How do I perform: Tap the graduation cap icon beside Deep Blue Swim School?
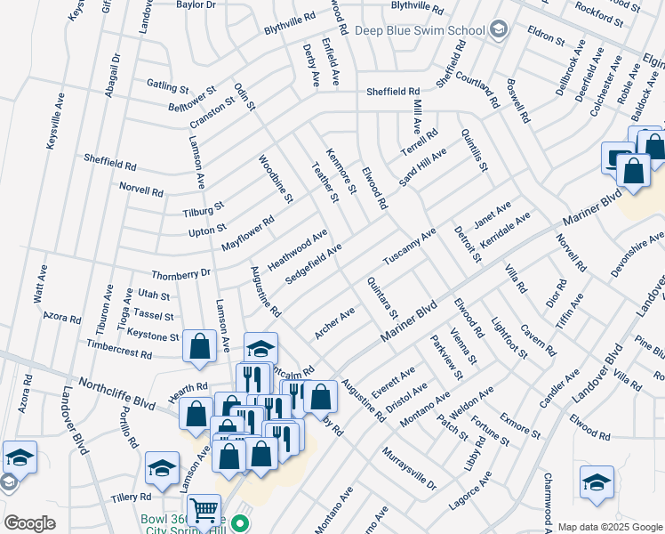pyautogui.click(x=499, y=30)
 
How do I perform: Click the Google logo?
pyautogui.click(x=29, y=523)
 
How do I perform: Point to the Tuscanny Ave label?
pyautogui.click(x=409, y=247)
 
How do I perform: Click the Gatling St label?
pyautogui.click(x=168, y=87)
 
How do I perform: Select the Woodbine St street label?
pyautogui.click(x=275, y=179)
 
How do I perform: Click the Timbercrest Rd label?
pyautogui.click(x=125, y=352)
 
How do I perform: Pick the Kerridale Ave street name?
pyautogui.click(x=505, y=231)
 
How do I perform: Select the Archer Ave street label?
pyautogui.click(x=334, y=323)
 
